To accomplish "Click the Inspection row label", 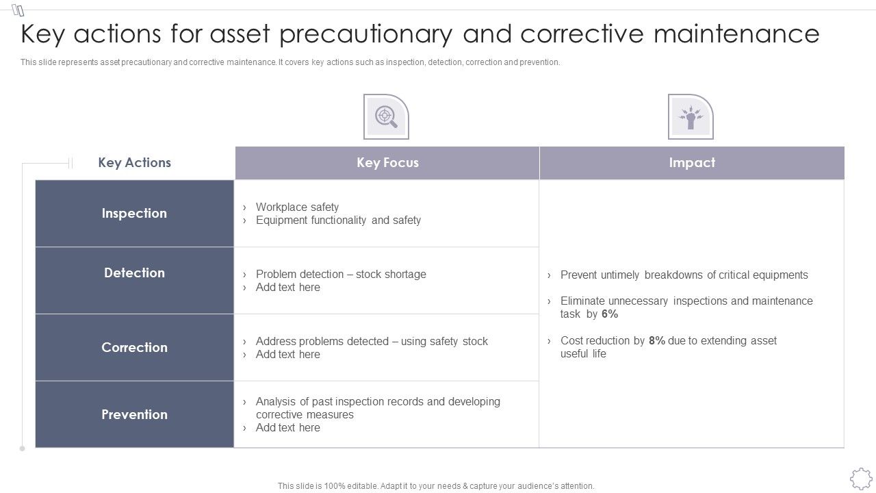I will click(x=134, y=213).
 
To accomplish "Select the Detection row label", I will click(x=134, y=273).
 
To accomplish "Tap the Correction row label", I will click(x=134, y=347).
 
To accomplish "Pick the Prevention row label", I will click(x=134, y=414).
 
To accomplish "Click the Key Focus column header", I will click(x=387, y=163).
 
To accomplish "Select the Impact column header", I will click(x=692, y=163).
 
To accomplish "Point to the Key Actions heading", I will click(x=134, y=163).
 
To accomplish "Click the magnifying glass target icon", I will click(x=386, y=116).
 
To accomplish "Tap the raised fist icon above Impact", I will click(x=691, y=116).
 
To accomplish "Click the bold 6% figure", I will click(x=610, y=314).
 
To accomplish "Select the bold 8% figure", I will click(x=657, y=341).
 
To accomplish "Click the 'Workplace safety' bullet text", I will click(x=297, y=207).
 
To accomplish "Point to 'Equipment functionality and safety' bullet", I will click(x=338, y=220).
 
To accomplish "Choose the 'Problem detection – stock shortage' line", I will click(x=341, y=274).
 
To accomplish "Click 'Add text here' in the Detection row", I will click(x=287, y=288).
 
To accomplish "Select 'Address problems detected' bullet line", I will click(x=372, y=341).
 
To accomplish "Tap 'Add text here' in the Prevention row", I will click(x=287, y=428).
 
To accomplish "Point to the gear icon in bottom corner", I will click(x=860, y=478).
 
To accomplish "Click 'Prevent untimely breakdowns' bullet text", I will click(x=684, y=275).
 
